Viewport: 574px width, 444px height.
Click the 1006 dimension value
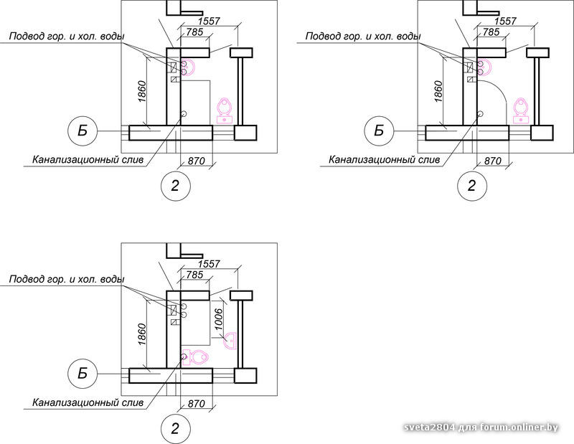[x=219, y=319]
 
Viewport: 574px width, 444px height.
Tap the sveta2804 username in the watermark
[x=430, y=428]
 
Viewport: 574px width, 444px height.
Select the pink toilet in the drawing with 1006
[x=195, y=357]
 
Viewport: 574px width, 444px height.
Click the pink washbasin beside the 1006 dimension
[x=230, y=341]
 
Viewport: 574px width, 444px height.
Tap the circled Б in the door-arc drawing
[x=379, y=131]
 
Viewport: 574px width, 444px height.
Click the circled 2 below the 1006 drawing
[x=175, y=429]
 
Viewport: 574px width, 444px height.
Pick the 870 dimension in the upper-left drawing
[x=196, y=161]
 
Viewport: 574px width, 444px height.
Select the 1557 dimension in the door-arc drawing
[x=505, y=22]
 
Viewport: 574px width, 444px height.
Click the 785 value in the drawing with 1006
[x=194, y=275]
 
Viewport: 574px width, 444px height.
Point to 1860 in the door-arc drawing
[x=438, y=92]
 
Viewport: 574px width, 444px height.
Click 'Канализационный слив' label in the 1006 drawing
[x=88, y=402]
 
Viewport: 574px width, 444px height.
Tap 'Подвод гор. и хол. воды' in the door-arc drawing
[x=363, y=37]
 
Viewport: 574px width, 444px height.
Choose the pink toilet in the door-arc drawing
[x=521, y=110]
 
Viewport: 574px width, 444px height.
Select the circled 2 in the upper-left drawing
[x=175, y=186]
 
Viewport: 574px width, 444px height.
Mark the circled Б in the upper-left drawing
[x=83, y=131]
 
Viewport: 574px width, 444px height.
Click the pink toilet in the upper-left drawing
[x=225, y=110]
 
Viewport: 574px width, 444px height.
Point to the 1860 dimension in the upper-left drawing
[x=141, y=92]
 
